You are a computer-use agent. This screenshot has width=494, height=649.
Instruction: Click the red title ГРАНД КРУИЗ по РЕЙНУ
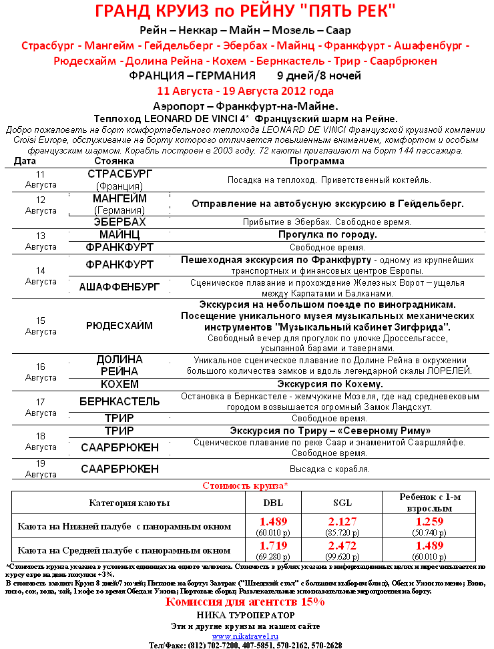(x=245, y=11)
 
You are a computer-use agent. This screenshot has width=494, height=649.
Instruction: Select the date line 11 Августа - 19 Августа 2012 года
(x=245, y=91)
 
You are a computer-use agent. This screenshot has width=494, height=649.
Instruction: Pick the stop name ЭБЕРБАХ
(x=120, y=222)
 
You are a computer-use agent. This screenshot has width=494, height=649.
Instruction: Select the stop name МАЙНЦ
(x=120, y=235)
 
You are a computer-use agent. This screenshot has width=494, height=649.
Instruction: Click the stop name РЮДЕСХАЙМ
(x=120, y=326)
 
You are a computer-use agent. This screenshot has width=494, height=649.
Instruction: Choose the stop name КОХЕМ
(x=120, y=384)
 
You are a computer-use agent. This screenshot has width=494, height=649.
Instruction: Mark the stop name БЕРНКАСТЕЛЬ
(x=120, y=401)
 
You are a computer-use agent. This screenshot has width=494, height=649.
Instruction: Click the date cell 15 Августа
(x=41, y=326)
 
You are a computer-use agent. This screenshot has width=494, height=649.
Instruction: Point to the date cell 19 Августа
(x=41, y=469)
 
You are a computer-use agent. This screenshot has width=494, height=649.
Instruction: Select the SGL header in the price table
(x=342, y=502)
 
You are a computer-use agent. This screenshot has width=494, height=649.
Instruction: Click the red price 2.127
(x=342, y=521)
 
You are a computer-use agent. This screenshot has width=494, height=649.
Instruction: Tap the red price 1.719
(x=272, y=546)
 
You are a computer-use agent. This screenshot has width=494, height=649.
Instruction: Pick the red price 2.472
(x=342, y=546)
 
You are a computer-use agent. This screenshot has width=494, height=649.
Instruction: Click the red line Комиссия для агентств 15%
(x=245, y=602)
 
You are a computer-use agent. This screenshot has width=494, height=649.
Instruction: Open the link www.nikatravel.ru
(x=245, y=636)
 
